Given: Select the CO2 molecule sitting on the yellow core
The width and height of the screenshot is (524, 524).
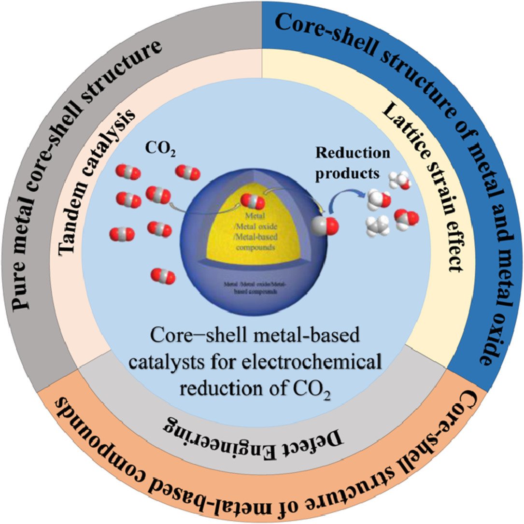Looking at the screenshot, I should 253,200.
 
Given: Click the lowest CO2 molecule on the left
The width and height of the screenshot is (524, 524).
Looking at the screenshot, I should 163,276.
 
